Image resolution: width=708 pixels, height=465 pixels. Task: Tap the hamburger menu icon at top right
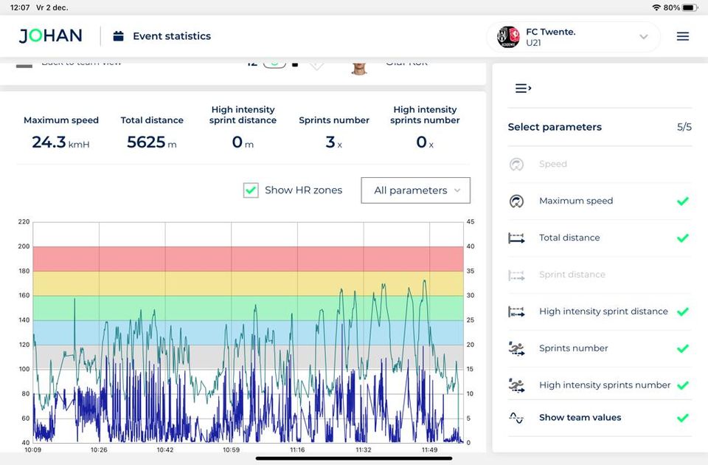coord(683,36)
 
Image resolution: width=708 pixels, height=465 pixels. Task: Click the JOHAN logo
coord(50,36)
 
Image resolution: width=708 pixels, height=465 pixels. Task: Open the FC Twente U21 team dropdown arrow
coord(643,37)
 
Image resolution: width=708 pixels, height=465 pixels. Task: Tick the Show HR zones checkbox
coord(251,190)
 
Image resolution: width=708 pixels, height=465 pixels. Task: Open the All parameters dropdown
coord(415,190)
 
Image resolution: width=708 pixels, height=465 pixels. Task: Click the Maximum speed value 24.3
coord(49,142)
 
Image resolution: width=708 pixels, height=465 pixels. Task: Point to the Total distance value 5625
coord(146,142)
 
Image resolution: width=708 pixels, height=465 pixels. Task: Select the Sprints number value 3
coord(330,142)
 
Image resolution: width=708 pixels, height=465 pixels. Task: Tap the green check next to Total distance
coord(682,238)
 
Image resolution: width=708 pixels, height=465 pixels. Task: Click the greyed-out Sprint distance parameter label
coord(572,275)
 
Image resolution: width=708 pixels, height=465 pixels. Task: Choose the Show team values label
coord(580,418)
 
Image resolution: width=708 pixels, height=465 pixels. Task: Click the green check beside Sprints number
coord(682,348)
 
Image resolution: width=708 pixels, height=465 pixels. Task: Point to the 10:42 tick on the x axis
coord(165,449)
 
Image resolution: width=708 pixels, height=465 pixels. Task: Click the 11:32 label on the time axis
coord(364,449)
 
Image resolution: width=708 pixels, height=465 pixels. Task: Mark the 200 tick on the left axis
coord(24,247)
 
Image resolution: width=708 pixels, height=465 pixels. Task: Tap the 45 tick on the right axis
coord(470,222)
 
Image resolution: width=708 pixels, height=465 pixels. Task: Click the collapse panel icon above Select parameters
coord(523,89)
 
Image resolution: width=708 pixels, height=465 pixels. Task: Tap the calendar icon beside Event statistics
coord(118,36)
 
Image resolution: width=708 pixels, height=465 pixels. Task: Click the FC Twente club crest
coord(508,37)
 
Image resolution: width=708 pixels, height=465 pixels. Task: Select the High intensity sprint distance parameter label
coord(603,311)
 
